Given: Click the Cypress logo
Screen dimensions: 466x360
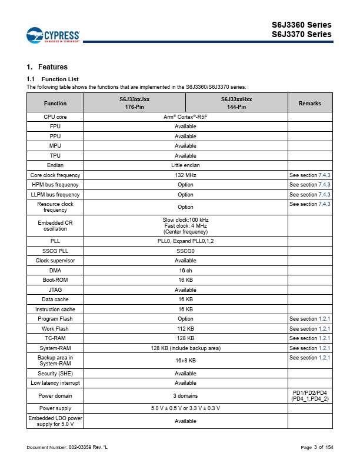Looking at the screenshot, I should (x=52, y=35).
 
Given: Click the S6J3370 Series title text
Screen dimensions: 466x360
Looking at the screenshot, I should (x=301, y=34).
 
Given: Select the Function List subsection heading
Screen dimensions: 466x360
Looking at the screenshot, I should (x=53, y=79).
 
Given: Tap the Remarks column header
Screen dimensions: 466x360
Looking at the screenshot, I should (x=310, y=104).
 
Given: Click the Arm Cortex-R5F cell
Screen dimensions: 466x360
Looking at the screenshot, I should (x=185, y=117).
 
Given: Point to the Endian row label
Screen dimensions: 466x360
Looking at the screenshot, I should (x=55, y=165).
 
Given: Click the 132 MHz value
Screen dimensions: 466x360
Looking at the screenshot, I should (x=185, y=175).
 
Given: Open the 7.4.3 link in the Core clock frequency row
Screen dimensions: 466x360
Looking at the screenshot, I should (x=324, y=175).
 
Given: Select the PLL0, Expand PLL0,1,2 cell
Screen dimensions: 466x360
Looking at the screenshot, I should (x=185, y=241).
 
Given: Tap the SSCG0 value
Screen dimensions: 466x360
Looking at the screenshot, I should (x=185, y=251).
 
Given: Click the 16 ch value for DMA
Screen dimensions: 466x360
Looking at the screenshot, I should (x=185, y=270).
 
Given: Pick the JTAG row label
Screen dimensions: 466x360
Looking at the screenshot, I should (x=55, y=289).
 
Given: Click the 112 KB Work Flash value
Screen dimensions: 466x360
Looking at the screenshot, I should (x=185, y=328).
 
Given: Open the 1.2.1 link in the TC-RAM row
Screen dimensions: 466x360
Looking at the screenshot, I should (x=324, y=338).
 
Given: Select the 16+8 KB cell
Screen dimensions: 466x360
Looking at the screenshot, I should (x=185, y=360).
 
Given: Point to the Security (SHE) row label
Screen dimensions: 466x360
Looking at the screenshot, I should (x=55, y=373).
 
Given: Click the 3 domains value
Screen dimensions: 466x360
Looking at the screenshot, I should (x=185, y=396).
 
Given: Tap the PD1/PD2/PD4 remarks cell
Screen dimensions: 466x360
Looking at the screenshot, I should (x=310, y=395).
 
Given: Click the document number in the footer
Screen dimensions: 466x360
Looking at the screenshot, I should (x=67, y=448).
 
